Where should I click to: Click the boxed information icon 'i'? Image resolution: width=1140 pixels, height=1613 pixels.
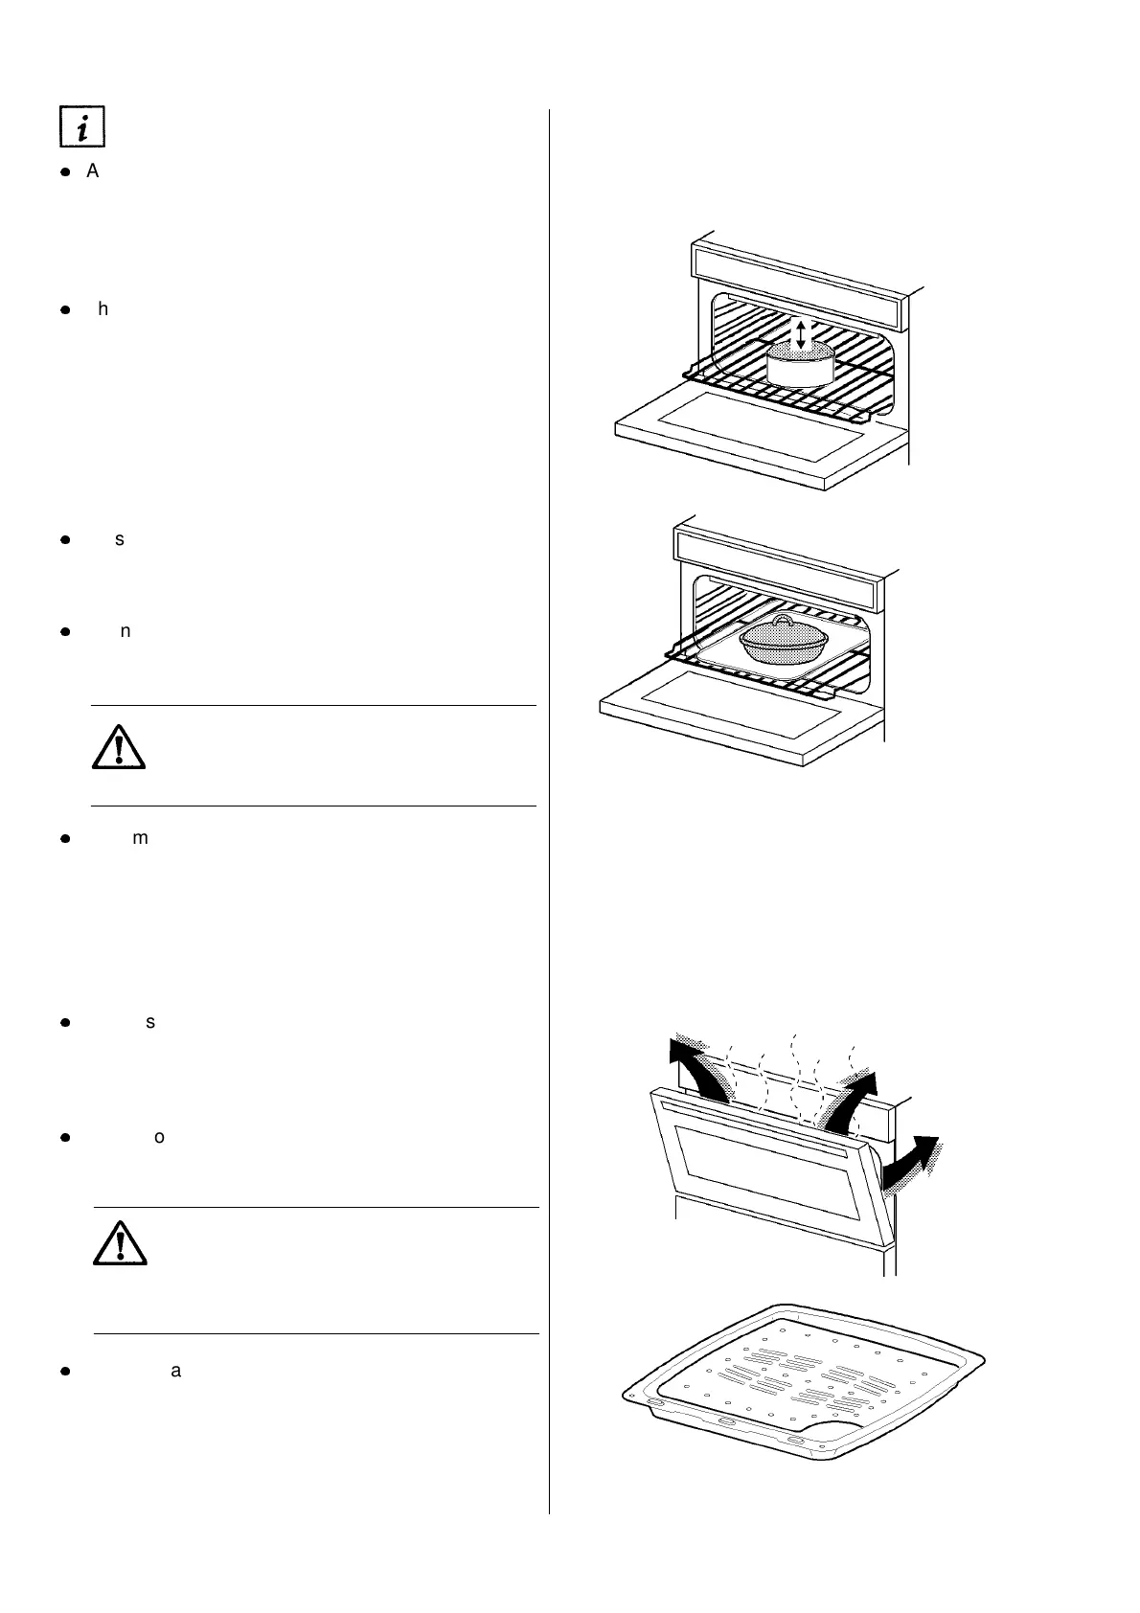pos(81,127)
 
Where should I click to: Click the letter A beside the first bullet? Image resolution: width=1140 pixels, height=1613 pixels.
pos(94,172)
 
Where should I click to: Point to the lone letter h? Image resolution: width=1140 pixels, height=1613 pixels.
pos(103,310)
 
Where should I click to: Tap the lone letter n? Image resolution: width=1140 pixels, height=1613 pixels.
pos(125,631)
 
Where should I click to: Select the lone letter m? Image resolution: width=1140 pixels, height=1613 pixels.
pos(140,838)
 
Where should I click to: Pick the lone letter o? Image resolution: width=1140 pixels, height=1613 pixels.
pos(159,1138)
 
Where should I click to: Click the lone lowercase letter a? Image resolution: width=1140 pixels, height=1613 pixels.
pos(175,1371)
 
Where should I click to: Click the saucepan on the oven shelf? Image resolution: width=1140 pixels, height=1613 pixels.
pos(800,365)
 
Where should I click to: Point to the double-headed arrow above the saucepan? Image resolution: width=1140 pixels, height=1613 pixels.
pos(801,332)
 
